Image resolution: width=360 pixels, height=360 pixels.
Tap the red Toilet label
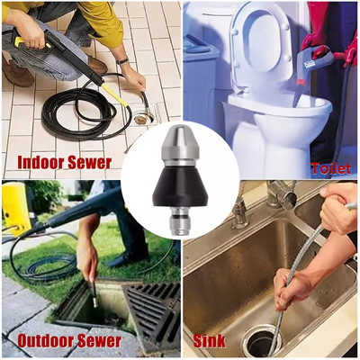click(330, 167)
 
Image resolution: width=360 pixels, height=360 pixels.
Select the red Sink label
click(209, 342)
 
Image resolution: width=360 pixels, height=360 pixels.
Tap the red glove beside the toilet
click(316, 40)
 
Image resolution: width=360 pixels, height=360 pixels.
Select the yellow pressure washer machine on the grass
click(15, 207)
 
